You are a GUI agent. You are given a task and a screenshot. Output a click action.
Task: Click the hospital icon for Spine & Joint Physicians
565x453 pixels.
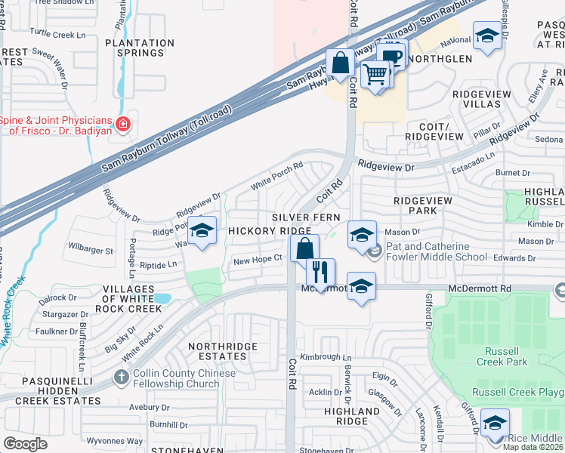pyautogui.click(x=122, y=124)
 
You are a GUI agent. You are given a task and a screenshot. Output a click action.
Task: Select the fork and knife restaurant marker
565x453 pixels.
pyautogui.click(x=321, y=271)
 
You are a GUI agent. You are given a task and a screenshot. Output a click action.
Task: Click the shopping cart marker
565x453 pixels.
pyautogui.click(x=375, y=74)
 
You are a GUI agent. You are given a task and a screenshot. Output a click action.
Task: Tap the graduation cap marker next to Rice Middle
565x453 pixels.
pyautogui.click(x=495, y=422)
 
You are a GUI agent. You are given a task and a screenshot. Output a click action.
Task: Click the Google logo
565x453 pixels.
pyautogui.click(x=25, y=443)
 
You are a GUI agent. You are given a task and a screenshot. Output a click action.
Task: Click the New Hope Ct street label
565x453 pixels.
pyautogui.click(x=258, y=258)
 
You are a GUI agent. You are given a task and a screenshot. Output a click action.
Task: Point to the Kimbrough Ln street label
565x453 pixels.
pyautogui.click(x=326, y=357)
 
